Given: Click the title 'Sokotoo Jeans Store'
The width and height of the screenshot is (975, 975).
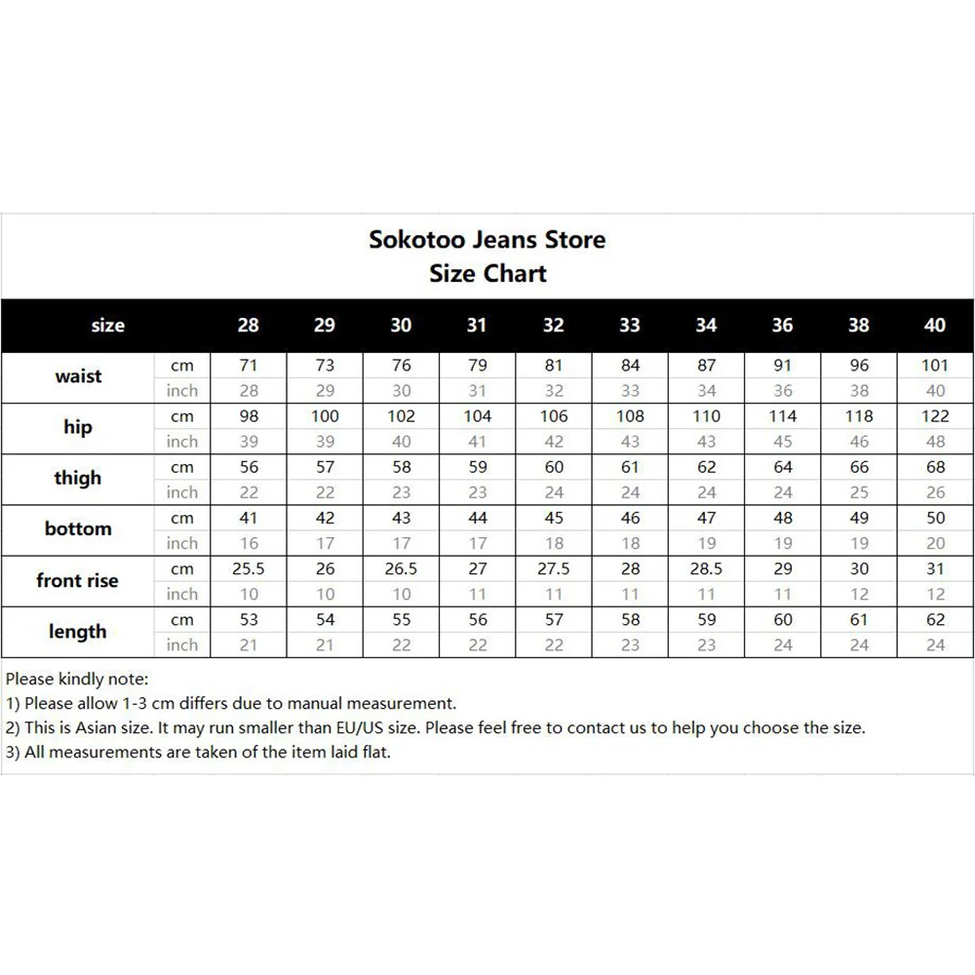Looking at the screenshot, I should [487, 240].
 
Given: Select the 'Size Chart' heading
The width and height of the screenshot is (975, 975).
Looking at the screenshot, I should [487, 274].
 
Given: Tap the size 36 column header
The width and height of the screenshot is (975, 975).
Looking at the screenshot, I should [782, 326].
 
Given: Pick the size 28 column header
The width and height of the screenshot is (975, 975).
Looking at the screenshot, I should [249, 326].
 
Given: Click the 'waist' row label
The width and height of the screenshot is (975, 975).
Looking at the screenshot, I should [78, 376].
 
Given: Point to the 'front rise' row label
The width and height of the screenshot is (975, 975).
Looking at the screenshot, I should [77, 580].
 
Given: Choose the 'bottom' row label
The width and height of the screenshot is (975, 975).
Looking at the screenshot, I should [78, 528].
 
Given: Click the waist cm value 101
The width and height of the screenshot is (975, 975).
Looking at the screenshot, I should [935, 366].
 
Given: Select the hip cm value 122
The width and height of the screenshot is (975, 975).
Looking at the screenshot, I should [935, 416].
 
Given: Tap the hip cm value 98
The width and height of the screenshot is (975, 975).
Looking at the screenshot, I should [249, 416].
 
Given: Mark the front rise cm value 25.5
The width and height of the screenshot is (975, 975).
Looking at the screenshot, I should [249, 569].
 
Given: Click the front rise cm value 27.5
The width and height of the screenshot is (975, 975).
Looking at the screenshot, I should [553, 569].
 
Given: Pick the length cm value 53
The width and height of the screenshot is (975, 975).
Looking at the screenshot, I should [249, 620].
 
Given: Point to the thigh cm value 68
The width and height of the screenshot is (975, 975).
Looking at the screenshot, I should [935, 468].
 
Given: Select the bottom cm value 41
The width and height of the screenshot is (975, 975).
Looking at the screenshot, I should [249, 519].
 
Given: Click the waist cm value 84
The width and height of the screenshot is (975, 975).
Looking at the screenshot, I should [630, 366].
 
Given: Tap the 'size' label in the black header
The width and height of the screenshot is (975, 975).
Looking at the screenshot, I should [107, 326].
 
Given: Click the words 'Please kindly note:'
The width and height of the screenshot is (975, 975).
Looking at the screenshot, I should [77, 679].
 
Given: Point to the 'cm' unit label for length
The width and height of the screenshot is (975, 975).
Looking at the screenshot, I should [182, 620].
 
